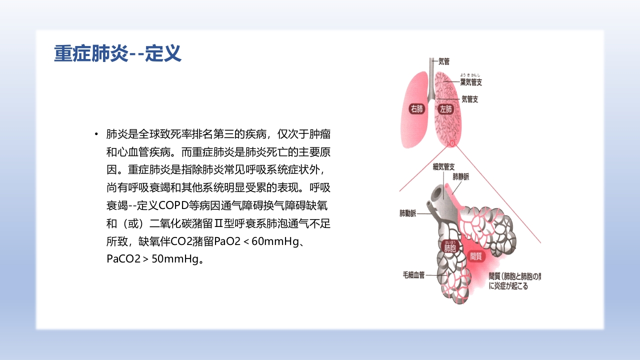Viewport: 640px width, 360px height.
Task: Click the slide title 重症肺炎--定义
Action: click(x=117, y=53)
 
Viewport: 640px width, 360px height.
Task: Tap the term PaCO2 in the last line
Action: click(x=120, y=259)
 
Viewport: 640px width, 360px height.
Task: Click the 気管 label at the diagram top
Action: click(x=444, y=62)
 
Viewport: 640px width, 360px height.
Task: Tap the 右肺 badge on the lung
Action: click(x=416, y=108)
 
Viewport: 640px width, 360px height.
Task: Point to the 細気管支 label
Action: click(x=443, y=167)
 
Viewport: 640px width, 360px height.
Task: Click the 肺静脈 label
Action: click(x=461, y=176)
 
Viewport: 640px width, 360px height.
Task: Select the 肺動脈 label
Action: click(x=407, y=213)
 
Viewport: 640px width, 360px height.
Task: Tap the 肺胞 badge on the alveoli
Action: click(x=450, y=247)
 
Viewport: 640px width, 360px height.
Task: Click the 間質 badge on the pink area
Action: click(x=476, y=255)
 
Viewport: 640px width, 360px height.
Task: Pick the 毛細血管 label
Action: click(x=413, y=274)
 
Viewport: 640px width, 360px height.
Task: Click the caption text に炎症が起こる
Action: click(x=508, y=287)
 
